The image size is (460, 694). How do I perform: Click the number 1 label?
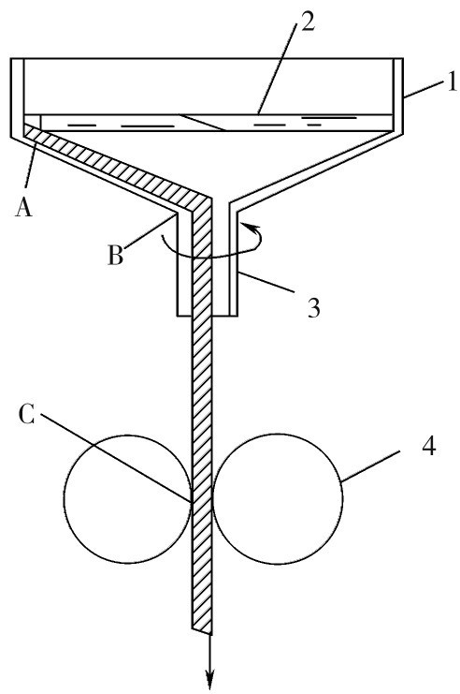[x=452, y=81]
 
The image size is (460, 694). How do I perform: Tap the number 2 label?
[x=307, y=22]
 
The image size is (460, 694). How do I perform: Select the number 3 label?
[x=313, y=307]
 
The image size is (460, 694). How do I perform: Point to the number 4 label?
[x=428, y=446]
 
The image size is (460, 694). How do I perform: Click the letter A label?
[x=24, y=206]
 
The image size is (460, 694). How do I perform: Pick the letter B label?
[x=115, y=255]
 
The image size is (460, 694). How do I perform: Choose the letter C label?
[x=27, y=414]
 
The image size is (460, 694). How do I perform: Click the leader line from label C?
[x=116, y=458]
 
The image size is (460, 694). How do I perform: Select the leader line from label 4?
[x=370, y=466]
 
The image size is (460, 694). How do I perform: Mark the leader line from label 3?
[x=265, y=281]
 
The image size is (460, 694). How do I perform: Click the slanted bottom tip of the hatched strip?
[x=202, y=630]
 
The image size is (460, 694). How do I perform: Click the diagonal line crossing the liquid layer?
[x=202, y=123]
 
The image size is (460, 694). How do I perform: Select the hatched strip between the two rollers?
[x=202, y=498]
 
